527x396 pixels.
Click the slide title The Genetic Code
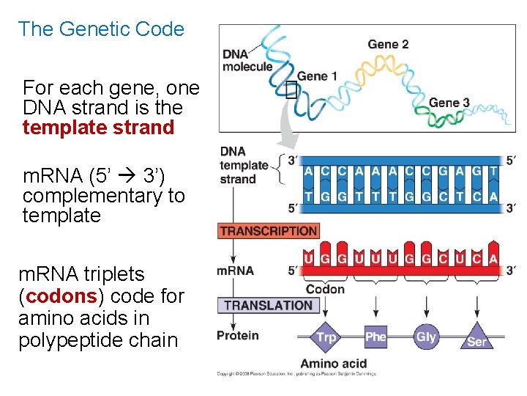101,29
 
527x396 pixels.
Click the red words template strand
98,128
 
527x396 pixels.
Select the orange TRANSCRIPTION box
269,231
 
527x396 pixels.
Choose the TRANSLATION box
268,305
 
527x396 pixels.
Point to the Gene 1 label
317,76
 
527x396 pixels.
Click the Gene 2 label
388,45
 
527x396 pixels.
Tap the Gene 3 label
449,102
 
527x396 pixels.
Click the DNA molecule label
247,60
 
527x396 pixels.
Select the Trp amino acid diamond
326,337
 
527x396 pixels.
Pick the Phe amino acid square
375,337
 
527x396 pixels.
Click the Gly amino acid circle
425,337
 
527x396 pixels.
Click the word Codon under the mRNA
325,289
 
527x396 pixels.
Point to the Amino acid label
333,364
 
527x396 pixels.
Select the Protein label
238,336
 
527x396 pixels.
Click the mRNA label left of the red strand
235,271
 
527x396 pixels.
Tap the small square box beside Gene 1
292,89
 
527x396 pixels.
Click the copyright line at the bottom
296,374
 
